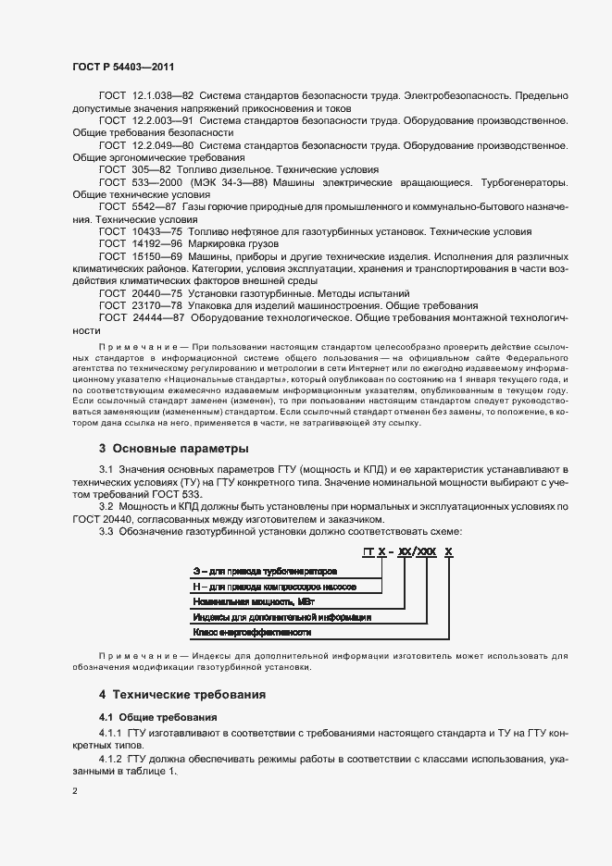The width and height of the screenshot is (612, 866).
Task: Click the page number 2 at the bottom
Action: point(75,791)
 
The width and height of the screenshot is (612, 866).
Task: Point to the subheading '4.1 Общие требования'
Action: point(157,717)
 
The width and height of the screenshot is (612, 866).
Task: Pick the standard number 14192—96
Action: point(157,243)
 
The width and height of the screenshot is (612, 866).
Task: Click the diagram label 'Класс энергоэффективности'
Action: point(251,633)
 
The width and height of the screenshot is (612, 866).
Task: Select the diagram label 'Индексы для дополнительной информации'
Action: point(282,616)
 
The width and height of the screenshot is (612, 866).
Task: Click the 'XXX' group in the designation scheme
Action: point(426,552)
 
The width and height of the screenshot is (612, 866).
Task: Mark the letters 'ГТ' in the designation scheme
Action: point(368,552)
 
